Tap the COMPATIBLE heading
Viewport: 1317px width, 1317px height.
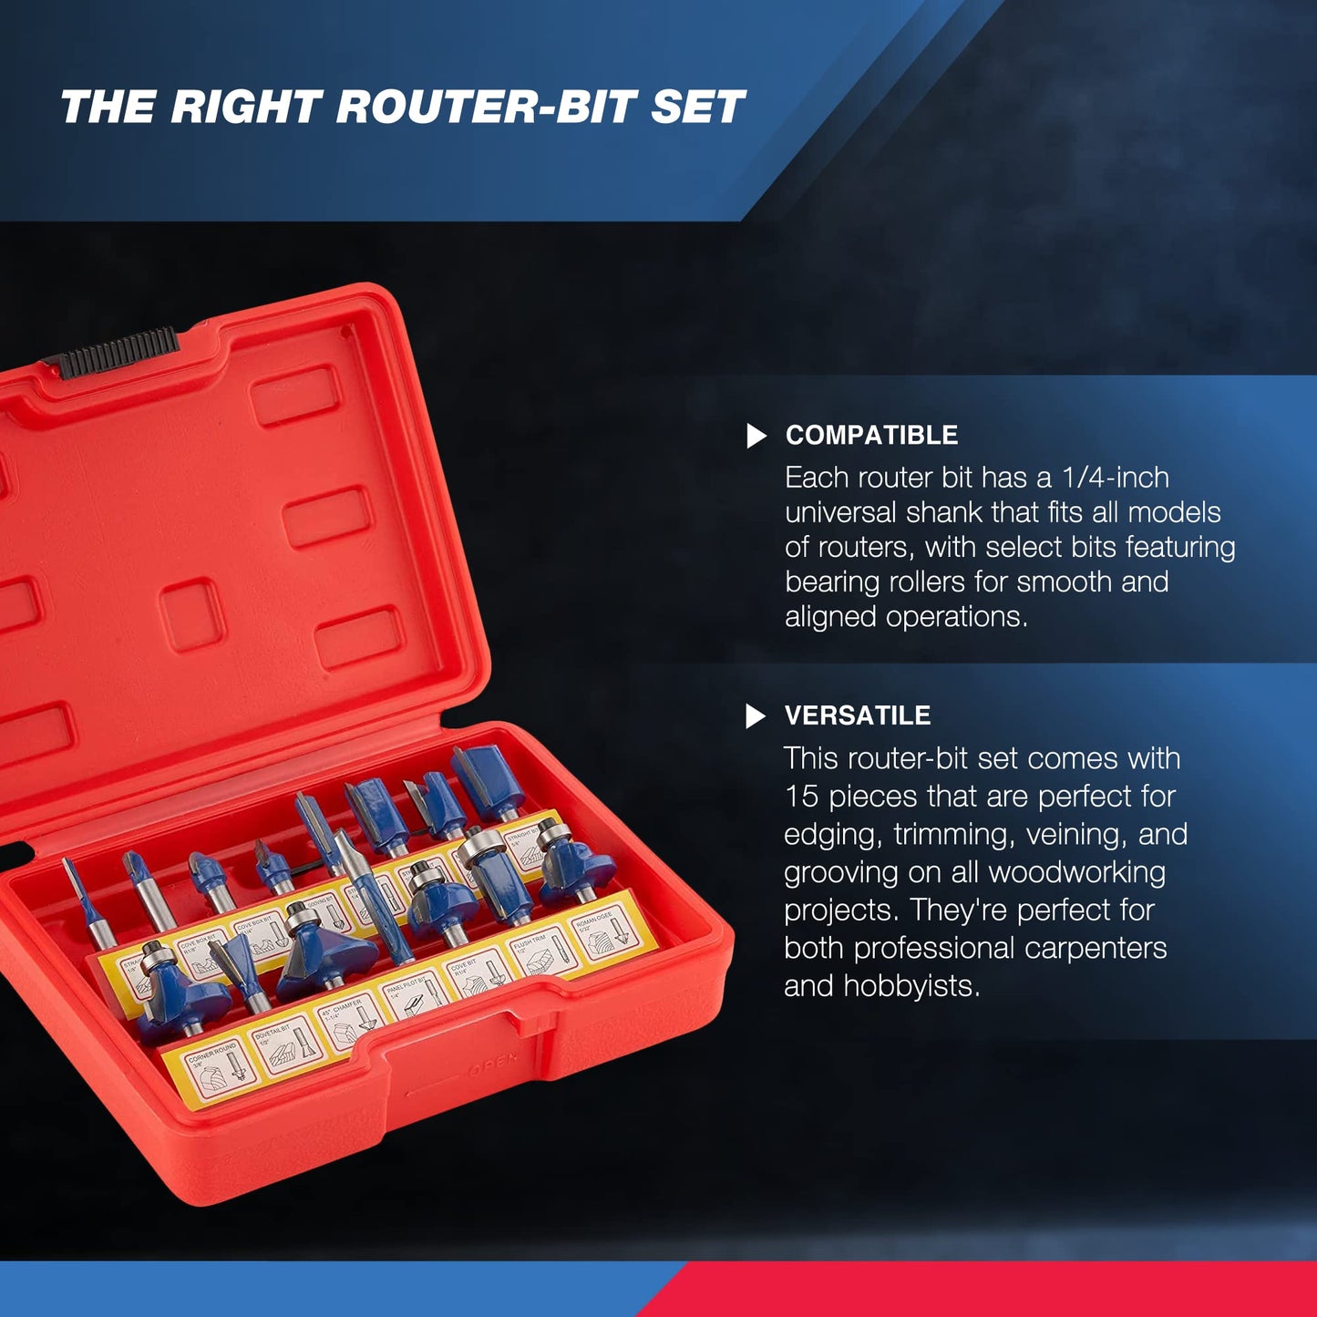[871, 436]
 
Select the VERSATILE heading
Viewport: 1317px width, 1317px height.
[857, 715]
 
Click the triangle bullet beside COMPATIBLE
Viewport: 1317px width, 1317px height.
[756, 437]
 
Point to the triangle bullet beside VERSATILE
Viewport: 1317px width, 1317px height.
[755, 716]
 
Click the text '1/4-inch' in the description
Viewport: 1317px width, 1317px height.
[1115, 478]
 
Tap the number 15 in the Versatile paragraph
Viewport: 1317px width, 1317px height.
[801, 797]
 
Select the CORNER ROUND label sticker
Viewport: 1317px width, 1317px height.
[216, 1071]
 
